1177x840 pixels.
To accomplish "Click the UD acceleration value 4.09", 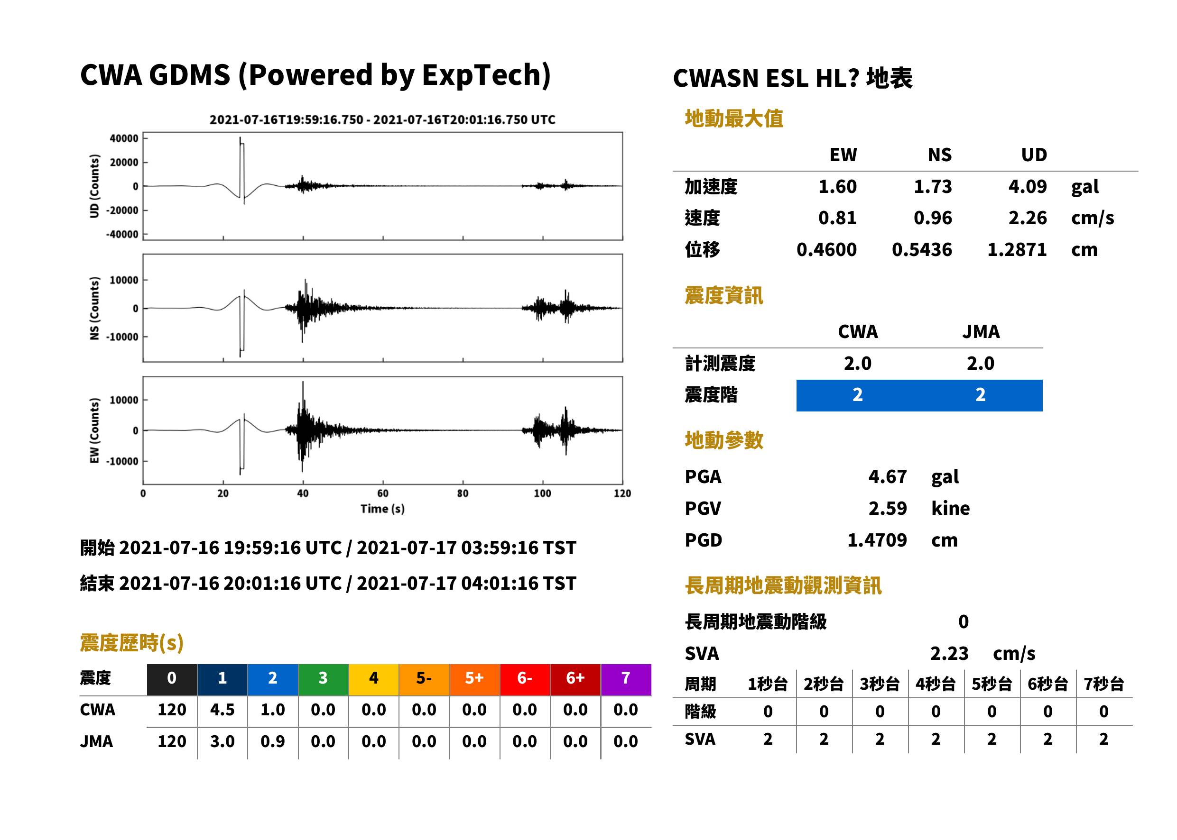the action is pyautogui.click(x=1027, y=186).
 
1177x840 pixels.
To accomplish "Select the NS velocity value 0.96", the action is pyautogui.click(x=932, y=218).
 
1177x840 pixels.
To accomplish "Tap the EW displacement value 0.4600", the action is pyautogui.click(x=826, y=249).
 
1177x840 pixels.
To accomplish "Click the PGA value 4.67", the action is pyautogui.click(x=887, y=476).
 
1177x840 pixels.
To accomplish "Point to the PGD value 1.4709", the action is pyautogui.click(x=877, y=540).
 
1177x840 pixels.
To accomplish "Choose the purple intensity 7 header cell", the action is pyautogui.click(x=626, y=679).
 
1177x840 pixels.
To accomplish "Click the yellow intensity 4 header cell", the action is pyautogui.click(x=374, y=679).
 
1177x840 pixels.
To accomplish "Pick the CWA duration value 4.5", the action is pyautogui.click(x=222, y=710).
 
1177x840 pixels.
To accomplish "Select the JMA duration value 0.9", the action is pyautogui.click(x=272, y=741).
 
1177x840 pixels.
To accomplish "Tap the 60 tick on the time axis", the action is pyautogui.click(x=382, y=493).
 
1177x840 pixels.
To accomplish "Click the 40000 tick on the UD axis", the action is pyautogui.click(x=124, y=138).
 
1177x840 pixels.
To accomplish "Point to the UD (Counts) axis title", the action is pyautogui.click(x=94, y=186).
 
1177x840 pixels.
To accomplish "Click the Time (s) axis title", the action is pyautogui.click(x=382, y=509).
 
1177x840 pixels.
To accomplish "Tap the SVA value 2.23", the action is pyautogui.click(x=949, y=653).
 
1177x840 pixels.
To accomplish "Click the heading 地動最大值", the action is pyautogui.click(x=734, y=119).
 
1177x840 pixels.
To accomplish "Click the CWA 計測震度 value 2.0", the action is pyautogui.click(x=857, y=363).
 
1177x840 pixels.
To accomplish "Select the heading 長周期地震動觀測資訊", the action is pyautogui.click(x=783, y=585).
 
